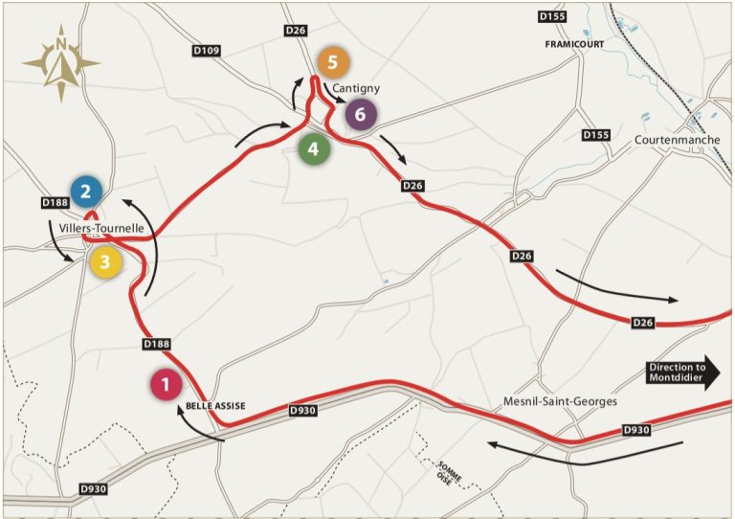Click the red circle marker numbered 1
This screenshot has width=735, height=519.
[x=167, y=385]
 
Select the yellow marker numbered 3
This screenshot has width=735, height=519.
[x=106, y=260]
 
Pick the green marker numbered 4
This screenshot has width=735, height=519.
[x=314, y=148]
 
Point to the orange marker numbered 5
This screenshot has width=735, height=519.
[x=333, y=63]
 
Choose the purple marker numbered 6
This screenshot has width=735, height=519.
[x=360, y=115]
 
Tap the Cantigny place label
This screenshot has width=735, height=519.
[x=356, y=88]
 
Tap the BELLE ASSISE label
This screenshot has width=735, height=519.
[x=215, y=406]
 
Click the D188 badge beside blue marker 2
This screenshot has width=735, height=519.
[x=56, y=203]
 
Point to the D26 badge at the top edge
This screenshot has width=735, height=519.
[x=296, y=32]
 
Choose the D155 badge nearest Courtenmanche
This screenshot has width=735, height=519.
[x=595, y=135]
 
